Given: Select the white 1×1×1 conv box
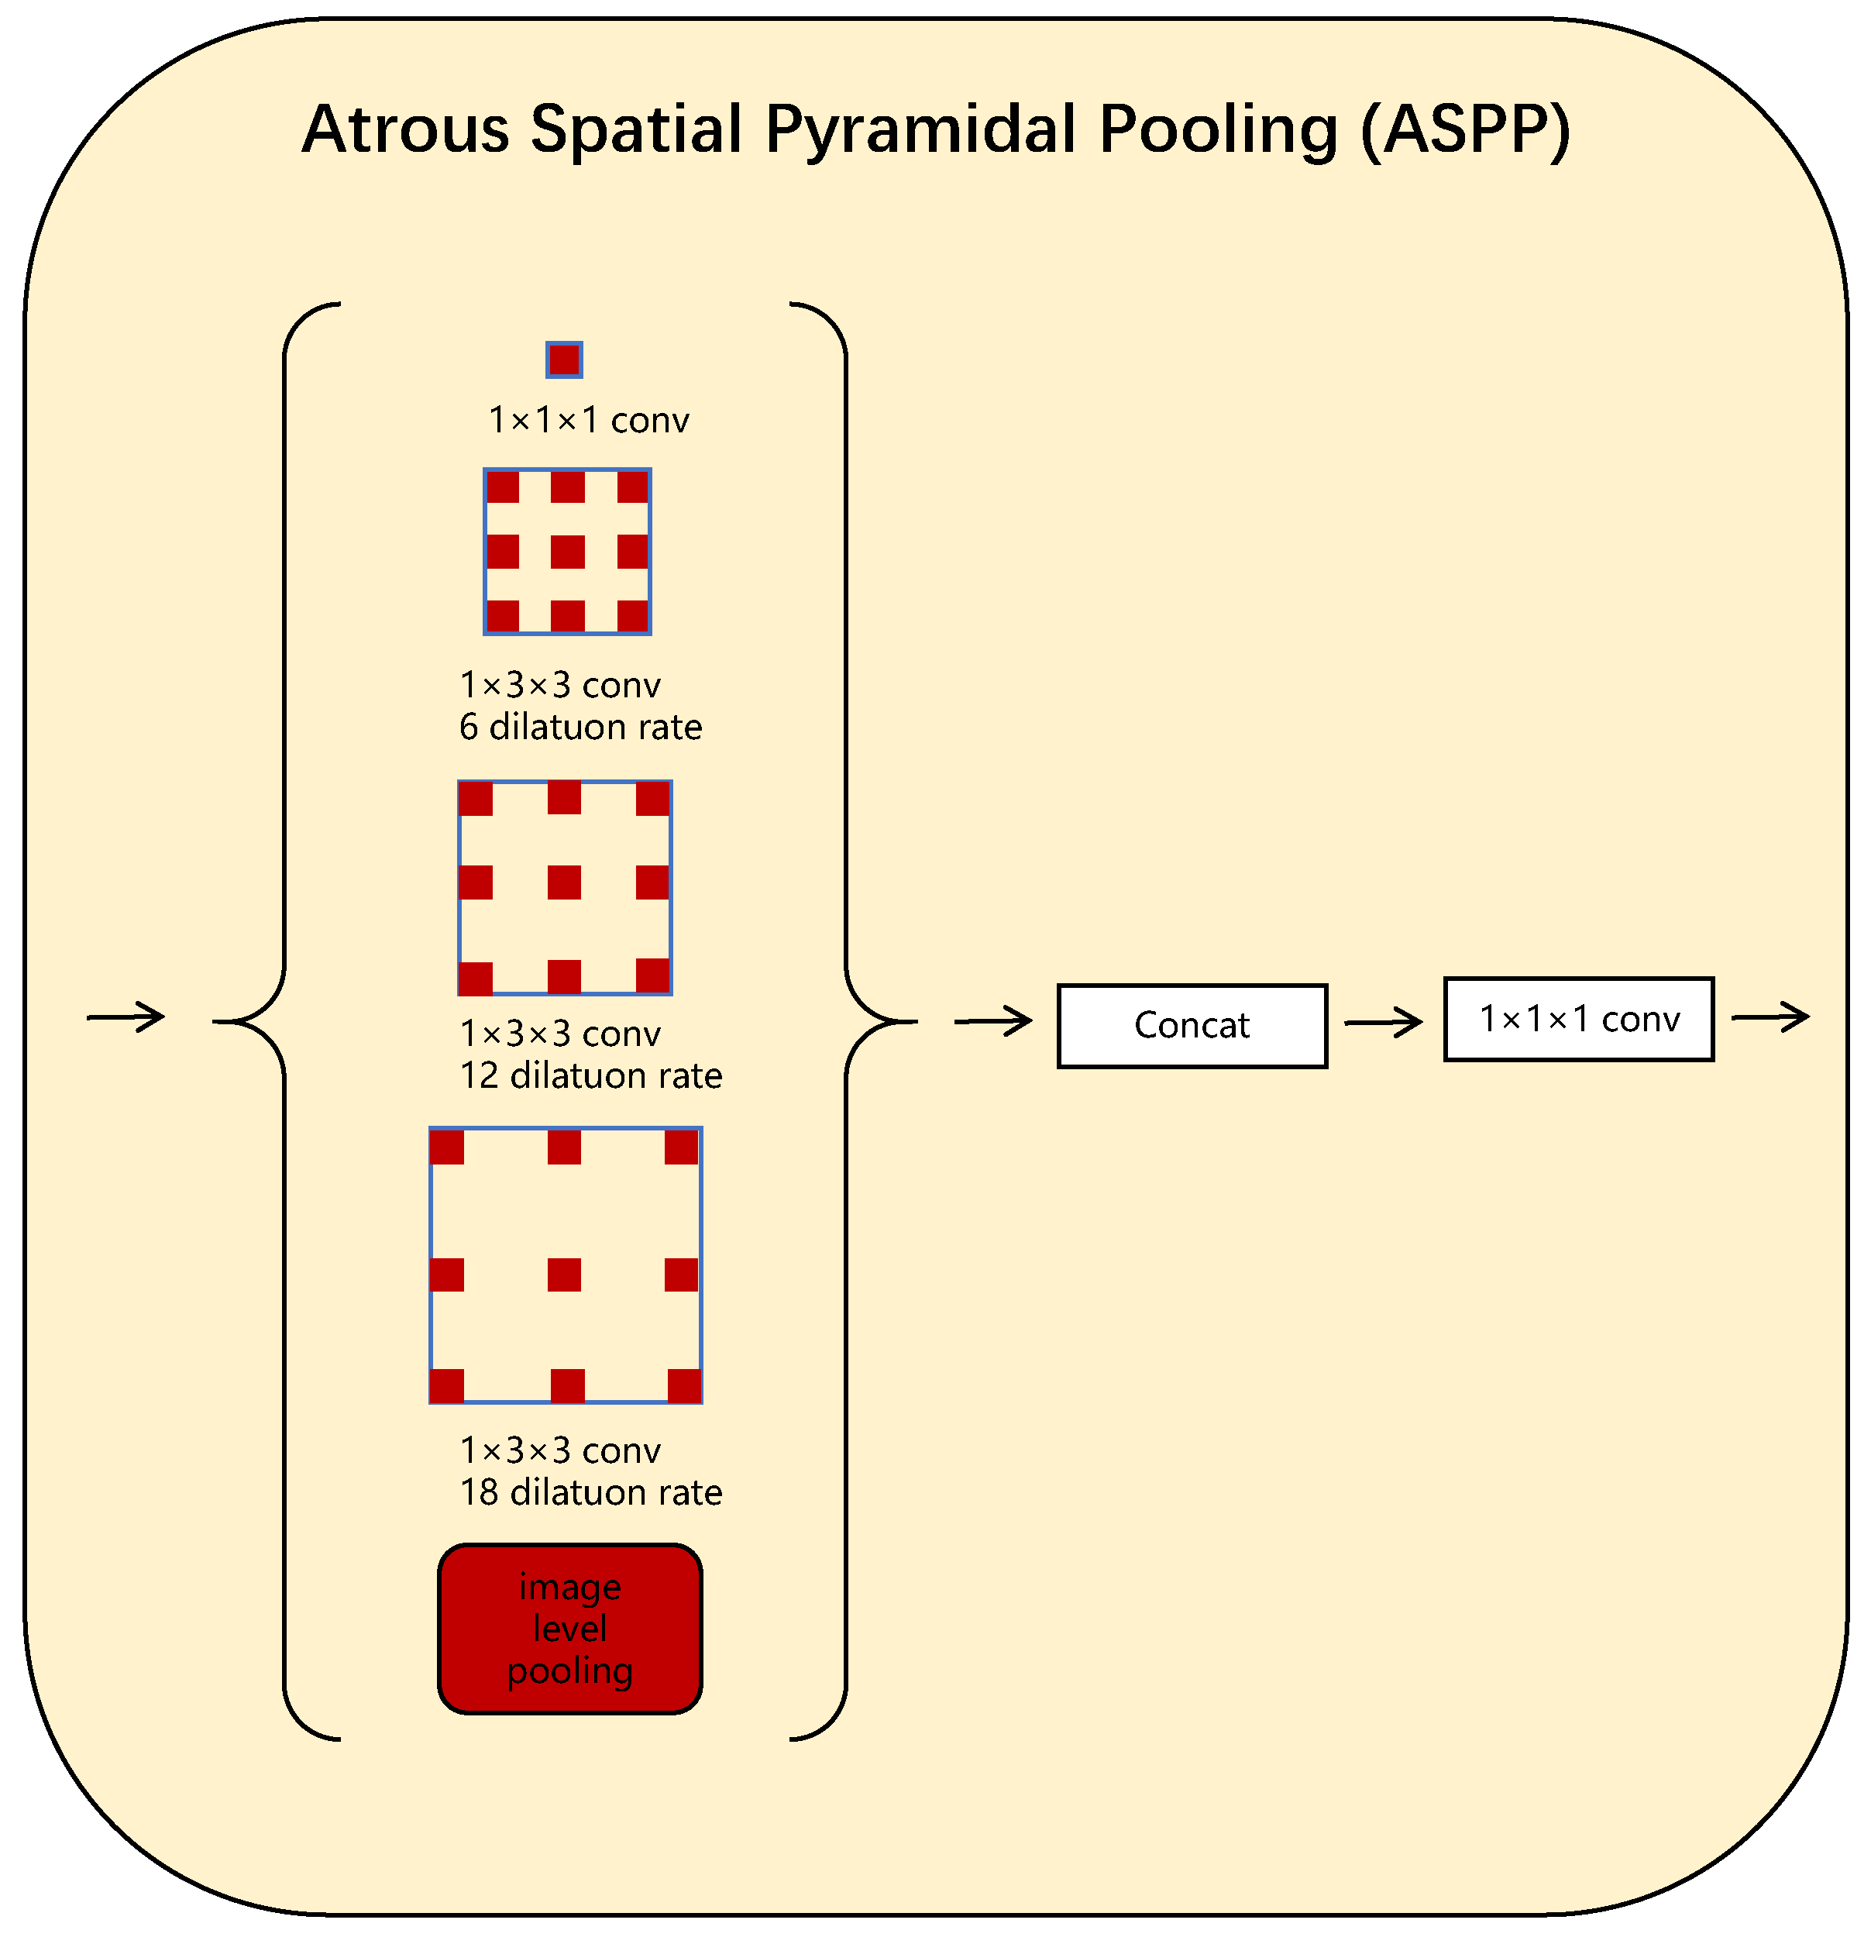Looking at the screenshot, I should [x=1578, y=1019].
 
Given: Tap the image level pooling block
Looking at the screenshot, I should [x=570, y=1628].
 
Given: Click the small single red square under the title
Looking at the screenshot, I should [x=564, y=360].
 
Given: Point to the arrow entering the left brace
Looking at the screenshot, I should [x=126, y=1017].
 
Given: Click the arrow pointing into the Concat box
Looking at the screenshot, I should [x=992, y=1021].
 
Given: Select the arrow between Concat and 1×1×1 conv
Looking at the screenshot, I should [x=1383, y=1022].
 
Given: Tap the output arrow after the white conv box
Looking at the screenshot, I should [x=1770, y=1017].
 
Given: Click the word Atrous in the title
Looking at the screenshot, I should [x=405, y=129].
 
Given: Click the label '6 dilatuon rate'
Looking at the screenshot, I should [x=580, y=728].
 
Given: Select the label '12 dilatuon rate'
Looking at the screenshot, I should [x=591, y=1075].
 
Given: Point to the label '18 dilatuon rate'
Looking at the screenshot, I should [x=591, y=1492].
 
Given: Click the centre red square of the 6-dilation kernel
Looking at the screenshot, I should [x=567, y=552].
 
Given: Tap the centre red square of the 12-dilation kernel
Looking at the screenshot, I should [x=564, y=882].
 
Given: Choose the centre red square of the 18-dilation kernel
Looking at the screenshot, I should [x=564, y=1275].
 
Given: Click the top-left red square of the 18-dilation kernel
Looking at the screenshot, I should [x=448, y=1147].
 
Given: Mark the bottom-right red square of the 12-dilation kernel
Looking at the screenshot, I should [x=653, y=975].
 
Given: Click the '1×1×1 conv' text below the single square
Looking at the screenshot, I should [x=589, y=421].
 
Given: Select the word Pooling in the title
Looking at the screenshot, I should [x=1219, y=129].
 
